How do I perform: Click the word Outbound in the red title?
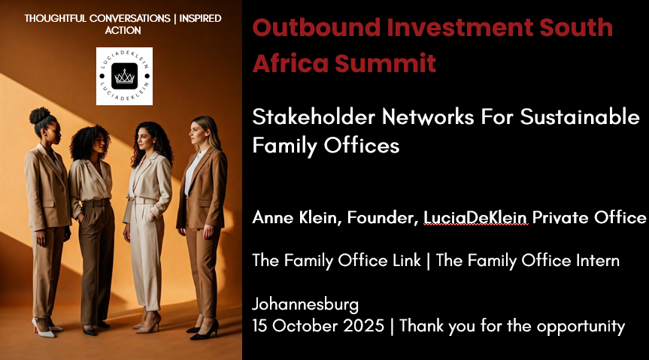[316, 27]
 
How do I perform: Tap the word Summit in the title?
[385, 63]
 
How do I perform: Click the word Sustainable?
[580, 116]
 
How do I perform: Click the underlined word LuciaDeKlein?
[475, 217]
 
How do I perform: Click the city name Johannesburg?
[305, 304]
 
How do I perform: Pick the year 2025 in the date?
[363, 325]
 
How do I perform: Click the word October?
[305, 325]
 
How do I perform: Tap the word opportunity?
[581, 327]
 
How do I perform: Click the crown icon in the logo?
[125, 76]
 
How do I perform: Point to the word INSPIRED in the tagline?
[200, 19]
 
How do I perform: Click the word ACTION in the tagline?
[123, 30]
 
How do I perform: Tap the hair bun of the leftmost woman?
[39, 116]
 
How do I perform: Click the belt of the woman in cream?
[143, 201]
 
